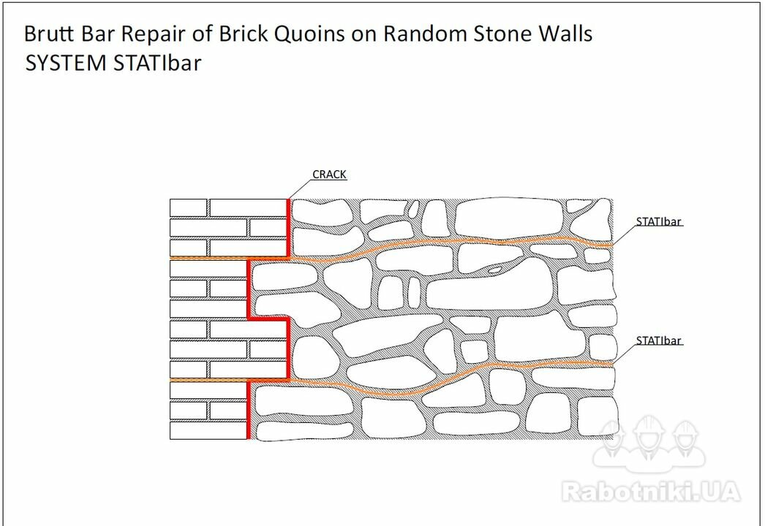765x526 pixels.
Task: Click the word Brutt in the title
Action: click(50, 34)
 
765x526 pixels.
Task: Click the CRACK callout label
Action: click(329, 175)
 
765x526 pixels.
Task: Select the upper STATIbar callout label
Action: click(658, 221)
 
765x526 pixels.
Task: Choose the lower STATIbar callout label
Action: click(658, 340)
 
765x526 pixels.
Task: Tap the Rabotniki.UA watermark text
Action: click(651, 492)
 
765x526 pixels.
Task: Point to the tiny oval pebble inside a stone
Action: click(494, 269)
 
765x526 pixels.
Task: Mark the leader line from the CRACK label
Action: click(300, 189)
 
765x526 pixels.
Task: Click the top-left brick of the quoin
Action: click(188, 207)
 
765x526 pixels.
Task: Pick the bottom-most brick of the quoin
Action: click(208, 430)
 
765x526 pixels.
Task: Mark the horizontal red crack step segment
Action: click(269, 319)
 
